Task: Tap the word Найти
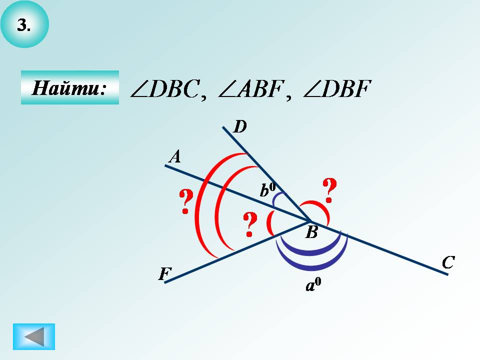click(69, 88)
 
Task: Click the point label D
click(240, 127)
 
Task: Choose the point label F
click(165, 274)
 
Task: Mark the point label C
click(447, 262)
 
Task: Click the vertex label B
click(311, 232)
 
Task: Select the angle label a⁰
click(313, 285)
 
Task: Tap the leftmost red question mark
click(185, 201)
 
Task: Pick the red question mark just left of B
click(249, 224)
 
